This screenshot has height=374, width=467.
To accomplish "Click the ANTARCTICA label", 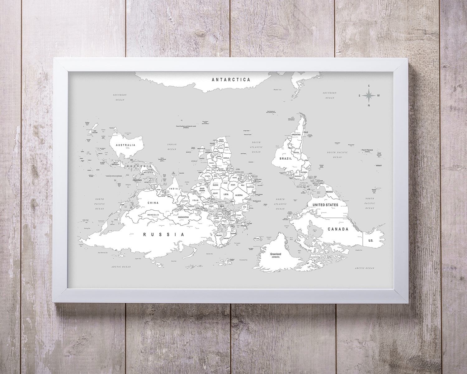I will click(x=231, y=79).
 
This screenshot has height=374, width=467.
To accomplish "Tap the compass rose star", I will click(x=369, y=95).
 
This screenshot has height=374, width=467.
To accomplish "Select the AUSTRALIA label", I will click(x=125, y=145).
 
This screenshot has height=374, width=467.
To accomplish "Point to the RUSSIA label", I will click(x=164, y=234).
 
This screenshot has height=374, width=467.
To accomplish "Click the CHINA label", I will click(x=153, y=203).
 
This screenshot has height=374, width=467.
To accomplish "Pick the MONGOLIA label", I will click(x=153, y=215).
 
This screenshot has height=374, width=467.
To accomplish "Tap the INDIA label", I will click(x=174, y=189).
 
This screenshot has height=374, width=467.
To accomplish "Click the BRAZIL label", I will click(x=286, y=159).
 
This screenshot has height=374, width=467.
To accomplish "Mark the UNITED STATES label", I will click(x=325, y=205).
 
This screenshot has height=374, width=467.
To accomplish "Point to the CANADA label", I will click(x=338, y=229).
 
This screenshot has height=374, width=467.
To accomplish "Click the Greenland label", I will click(x=276, y=254).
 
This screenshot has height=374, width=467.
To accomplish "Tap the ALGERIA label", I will click(x=239, y=195).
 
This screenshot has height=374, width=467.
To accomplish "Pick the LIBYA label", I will click(x=226, y=194).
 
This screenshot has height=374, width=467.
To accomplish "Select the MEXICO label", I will click(x=329, y=192).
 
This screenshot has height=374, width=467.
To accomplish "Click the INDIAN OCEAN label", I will click(x=172, y=147).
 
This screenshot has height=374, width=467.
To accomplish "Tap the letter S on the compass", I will click(x=369, y=86).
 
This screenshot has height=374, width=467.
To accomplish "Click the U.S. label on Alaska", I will click(x=370, y=241).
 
